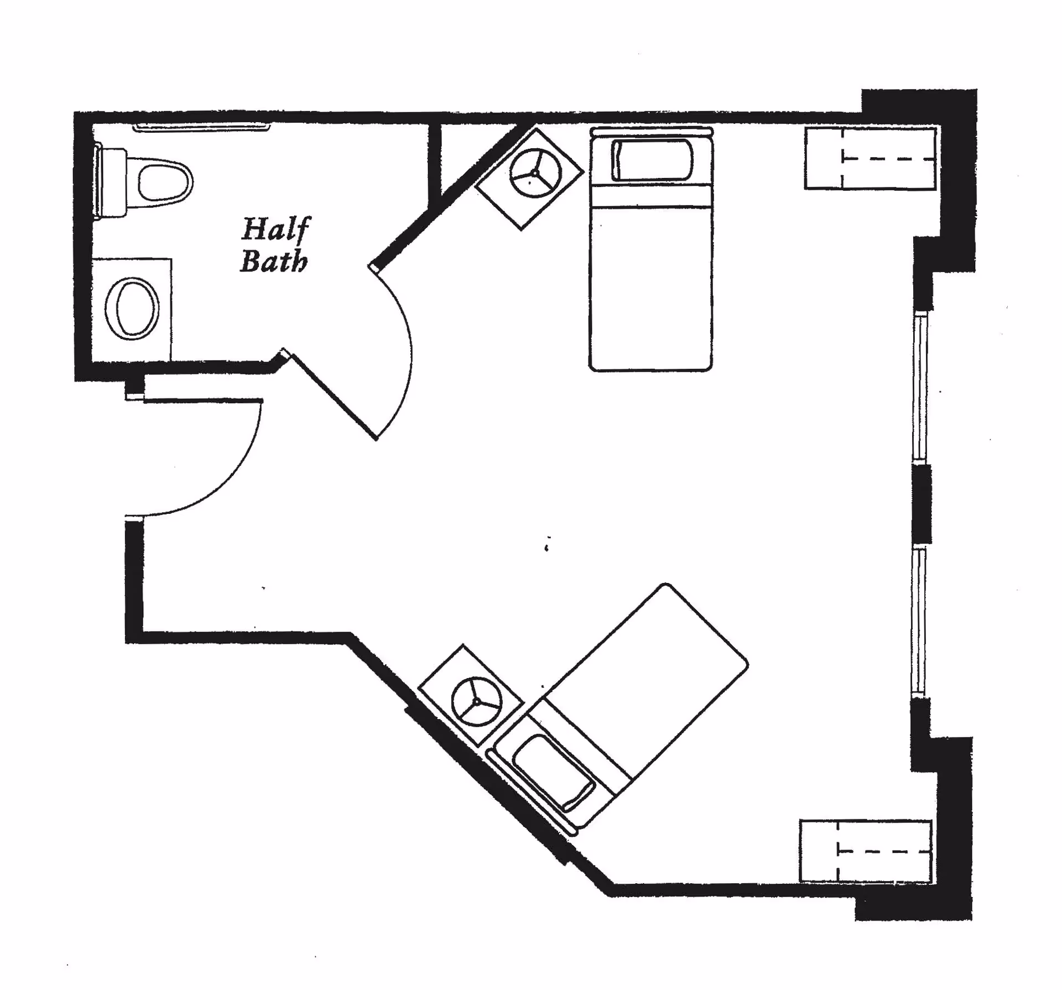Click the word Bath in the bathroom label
(274, 262)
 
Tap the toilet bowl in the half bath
(164, 181)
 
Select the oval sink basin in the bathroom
(132, 309)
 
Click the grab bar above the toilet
(202, 128)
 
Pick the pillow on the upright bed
(652, 160)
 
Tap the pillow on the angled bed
(553, 772)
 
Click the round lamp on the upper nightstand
(535, 173)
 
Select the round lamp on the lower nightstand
(477, 701)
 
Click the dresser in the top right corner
(870, 159)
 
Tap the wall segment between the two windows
(921, 503)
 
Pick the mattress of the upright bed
(651, 277)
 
